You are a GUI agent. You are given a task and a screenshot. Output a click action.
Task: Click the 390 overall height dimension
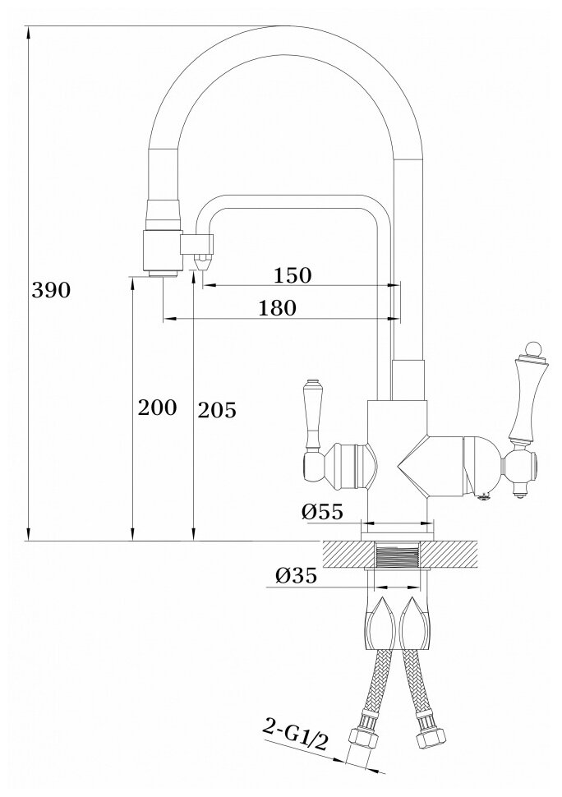pos(51,290)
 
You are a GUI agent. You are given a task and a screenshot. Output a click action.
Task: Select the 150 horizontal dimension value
pos(293,275)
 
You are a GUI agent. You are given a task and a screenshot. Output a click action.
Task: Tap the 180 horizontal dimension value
pos(277,308)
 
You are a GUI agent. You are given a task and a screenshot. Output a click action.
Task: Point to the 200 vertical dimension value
pos(158,408)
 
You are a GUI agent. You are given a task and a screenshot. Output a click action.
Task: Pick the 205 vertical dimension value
pos(217,410)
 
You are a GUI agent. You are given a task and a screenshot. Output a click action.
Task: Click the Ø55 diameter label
pos(322,512)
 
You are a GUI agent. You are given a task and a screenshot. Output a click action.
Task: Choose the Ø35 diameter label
pos(297,576)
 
